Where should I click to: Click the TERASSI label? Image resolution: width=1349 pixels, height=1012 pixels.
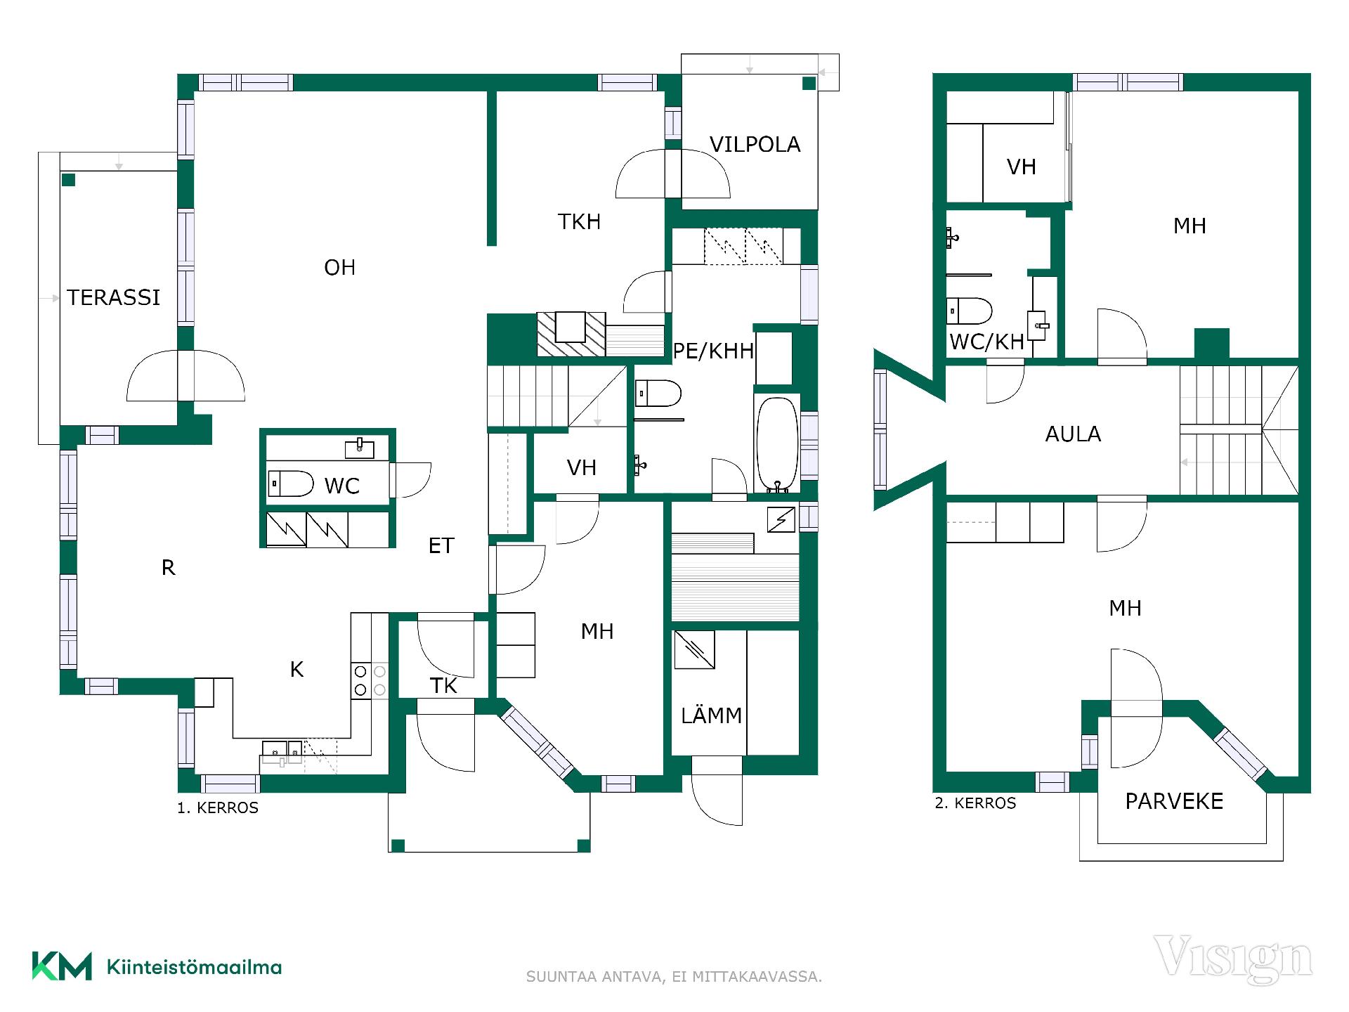[114, 297]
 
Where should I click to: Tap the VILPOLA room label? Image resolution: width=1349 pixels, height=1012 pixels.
[755, 144]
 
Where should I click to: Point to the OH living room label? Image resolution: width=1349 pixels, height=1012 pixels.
[339, 267]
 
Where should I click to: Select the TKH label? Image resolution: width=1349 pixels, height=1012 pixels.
[579, 221]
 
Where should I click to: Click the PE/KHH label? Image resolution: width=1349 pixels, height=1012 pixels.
[713, 351]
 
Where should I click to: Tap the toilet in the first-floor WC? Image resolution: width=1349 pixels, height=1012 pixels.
[290, 484]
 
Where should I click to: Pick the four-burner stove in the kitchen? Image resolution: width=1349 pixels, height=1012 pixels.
[370, 680]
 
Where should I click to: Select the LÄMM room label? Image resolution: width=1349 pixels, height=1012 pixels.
[711, 715]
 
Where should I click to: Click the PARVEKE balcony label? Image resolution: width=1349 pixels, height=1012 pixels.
[1174, 801]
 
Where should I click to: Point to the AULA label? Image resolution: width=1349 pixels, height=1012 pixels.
[1073, 434]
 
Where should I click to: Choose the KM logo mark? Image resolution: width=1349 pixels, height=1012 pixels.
[62, 966]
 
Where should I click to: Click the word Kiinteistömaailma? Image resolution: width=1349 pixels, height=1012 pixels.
[194, 967]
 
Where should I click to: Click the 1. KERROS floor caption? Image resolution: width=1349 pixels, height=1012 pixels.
[218, 808]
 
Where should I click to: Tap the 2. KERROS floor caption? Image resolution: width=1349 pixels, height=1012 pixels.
[975, 803]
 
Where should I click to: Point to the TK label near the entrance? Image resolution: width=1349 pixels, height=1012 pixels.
[443, 685]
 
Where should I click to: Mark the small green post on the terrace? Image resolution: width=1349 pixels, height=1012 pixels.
[68, 180]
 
